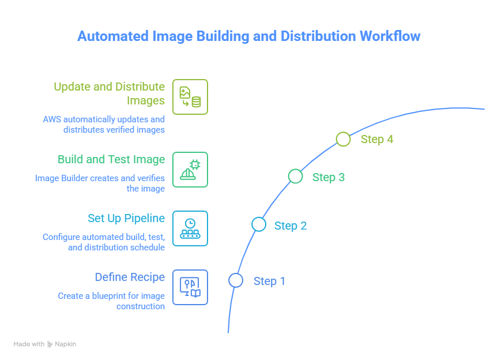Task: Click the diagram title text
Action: pyautogui.click(x=249, y=36)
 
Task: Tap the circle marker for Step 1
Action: pyautogui.click(x=235, y=280)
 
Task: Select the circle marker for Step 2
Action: pyautogui.click(x=259, y=224)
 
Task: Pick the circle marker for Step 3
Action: pyautogui.click(x=295, y=176)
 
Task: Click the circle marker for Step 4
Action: pyautogui.click(x=343, y=139)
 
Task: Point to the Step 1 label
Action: pyautogui.click(x=269, y=281)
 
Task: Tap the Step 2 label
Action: pyautogui.click(x=290, y=226)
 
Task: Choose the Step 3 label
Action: pyautogui.click(x=329, y=177)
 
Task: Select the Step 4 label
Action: pyautogui.click(x=377, y=139)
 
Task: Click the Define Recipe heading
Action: pyautogui.click(x=130, y=277)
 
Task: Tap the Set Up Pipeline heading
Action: pyautogui.click(x=126, y=219)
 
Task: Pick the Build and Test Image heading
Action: pyautogui.click(x=111, y=159)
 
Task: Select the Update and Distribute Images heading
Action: pyautogui.click(x=110, y=93)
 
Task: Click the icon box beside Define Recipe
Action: pyautogui.click(x=190, y=287)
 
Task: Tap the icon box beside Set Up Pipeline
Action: pyautogui.click(x=190, y=228)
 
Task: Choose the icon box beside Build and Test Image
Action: pyautogui.click(x=190, y=170)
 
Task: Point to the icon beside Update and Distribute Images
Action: pyautogui.click(x=190, y=97)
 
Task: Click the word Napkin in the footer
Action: pyautogui.click(x=65, y=344)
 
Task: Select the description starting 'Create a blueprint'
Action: pyautogui.click(x=111, y=301)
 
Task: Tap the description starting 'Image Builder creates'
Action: pyautogui.click(x=100, y=183)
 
